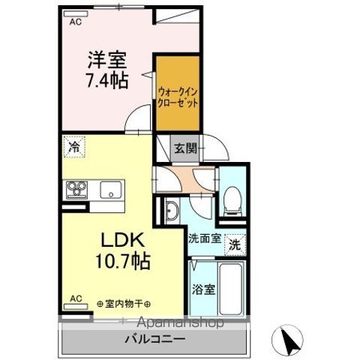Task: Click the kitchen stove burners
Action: tap(75, 189)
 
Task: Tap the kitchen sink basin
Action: tap(109, 189)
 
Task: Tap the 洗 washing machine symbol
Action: tap(235, 244)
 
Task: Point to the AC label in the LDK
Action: tap(75, 298)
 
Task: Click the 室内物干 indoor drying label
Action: tap(124, 304)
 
